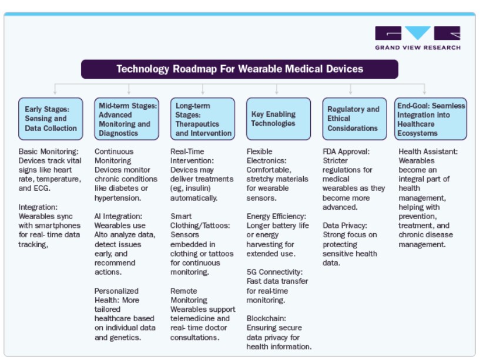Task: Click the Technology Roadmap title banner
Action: [x=240, y=69]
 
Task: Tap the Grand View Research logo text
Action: [x=418, y=48]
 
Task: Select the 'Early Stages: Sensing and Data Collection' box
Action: [x=51, y=119]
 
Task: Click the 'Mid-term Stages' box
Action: [x=126, y=119]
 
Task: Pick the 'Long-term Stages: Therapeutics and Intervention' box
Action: [x=202, y=119]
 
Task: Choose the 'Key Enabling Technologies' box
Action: [x=279, y=119]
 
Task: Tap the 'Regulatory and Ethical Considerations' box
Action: [x=354, y=119]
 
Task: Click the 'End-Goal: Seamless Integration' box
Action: [x=431, y=119]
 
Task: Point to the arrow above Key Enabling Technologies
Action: [x=277, y=89]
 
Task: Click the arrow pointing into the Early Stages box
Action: [x=55, y=89]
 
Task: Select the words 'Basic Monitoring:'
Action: [x=48, y=152]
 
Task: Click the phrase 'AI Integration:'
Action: [x=118, y=217]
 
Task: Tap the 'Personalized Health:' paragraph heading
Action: [x=117, y=295]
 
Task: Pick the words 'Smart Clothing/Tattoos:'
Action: [x=200, y=221]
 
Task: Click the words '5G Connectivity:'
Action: [x=274, y=272]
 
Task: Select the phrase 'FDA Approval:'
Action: [x=346, y=152]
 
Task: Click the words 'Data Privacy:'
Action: [x=345, y=226]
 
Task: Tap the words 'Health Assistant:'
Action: [x=428, y=152]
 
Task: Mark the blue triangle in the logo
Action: [x=418, y=32]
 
